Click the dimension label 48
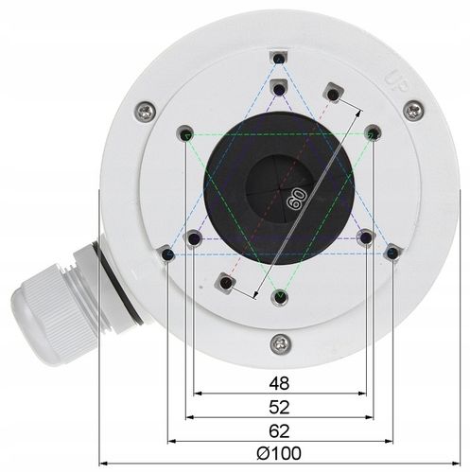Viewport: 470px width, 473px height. click(x=278, y=383)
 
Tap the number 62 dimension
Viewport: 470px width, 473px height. click(x=278, y=430)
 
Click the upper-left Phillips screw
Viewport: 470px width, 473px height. click(x=143, y=111)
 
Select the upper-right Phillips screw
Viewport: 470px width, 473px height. click(x=413, y=111)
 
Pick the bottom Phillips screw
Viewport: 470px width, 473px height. click(x=278, y=342)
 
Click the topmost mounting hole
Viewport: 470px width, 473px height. click(x=278, y=61)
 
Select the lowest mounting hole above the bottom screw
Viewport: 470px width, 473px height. click(x=278, y=297)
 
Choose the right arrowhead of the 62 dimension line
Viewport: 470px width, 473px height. click(x=389, y=440)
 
